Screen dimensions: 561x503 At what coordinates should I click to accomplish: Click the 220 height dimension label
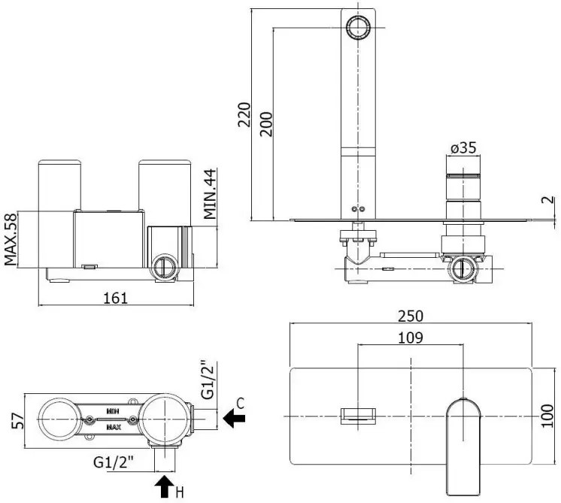pyautogui.click(x=244, y=114)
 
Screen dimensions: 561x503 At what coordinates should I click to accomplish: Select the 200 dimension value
pyautogui.click(x=266, y=124)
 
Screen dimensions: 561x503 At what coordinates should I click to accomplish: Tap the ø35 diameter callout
pyautogui.click(x=463, y=147)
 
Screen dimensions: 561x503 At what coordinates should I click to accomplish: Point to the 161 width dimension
pyautogui.click(x=115, y=298)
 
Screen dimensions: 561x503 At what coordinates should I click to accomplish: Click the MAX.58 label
pyautogui.click(x=11, y=239)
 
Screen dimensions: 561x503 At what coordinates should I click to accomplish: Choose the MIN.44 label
pyautogui.click(x=210, y=194)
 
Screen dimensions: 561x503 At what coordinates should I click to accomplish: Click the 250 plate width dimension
pyautogui.click(x=411, y=316)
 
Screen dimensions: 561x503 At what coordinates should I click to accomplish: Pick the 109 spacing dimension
pyautogui.click(x=411, y=338)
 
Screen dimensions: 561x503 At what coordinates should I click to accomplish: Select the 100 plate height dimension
pyautogui.click(x=547, y=416)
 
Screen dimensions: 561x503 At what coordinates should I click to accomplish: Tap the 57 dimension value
pyautogui.click(x=18, y=421)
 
